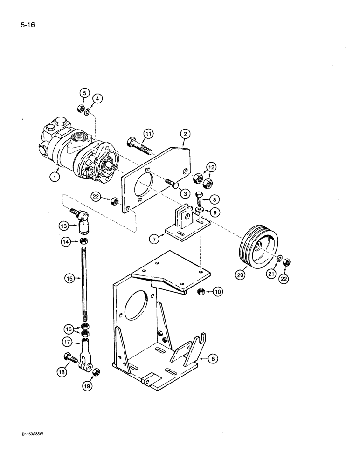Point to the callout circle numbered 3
(x=187, y=192)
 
